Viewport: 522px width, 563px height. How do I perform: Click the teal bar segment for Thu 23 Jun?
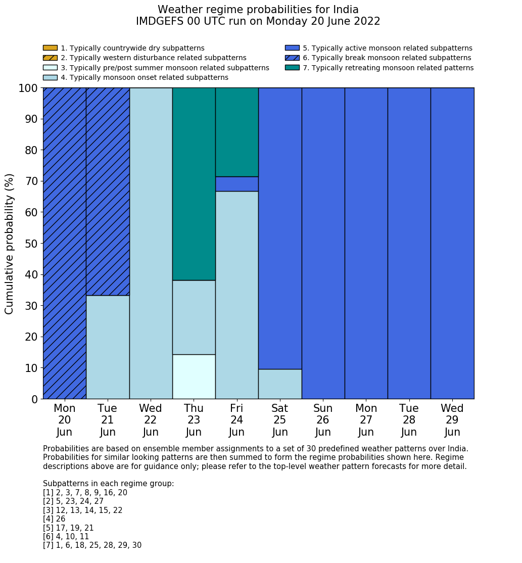[194, 184]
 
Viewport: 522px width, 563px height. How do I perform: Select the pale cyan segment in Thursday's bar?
[194, 377]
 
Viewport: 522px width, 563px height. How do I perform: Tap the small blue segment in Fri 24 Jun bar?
[237, 184]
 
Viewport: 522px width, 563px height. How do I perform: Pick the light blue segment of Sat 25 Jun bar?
[280, 384]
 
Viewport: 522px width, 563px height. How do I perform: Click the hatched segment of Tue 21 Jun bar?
[108, 192]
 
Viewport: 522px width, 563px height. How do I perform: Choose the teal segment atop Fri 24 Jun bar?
[237, 132]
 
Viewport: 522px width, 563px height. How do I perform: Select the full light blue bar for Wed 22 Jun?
[151, 243]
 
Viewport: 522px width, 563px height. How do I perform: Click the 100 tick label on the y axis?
[28, 88]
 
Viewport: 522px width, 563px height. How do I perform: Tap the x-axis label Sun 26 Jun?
[323, 420]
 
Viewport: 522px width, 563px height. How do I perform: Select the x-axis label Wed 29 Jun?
[452, 420]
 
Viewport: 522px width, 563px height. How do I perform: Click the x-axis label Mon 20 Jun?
[65, 420]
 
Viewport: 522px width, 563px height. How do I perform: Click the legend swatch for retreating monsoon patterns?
[292, 68]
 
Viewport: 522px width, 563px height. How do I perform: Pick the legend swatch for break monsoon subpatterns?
[292, 58]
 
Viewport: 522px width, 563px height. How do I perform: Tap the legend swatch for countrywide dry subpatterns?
[50, 48]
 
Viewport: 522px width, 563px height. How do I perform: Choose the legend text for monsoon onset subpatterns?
[144, 77]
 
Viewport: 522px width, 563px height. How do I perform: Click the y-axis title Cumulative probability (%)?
[10, 244]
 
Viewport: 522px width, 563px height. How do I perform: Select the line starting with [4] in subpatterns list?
[54, 519]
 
